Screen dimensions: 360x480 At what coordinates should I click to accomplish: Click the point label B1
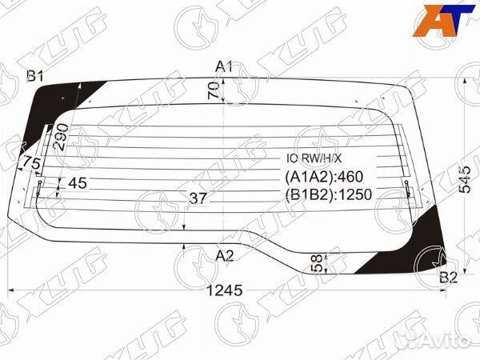[x=35, y=77]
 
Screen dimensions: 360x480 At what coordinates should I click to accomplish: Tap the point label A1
[x=225, y=66]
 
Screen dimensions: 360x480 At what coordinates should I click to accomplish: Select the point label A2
[x=225, y=256]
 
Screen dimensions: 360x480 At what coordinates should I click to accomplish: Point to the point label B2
[x=448, y=278]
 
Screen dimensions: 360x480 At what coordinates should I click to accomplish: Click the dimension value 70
[x=214, y=90]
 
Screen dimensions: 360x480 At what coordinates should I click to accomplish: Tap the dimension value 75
[x=30, y=163]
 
